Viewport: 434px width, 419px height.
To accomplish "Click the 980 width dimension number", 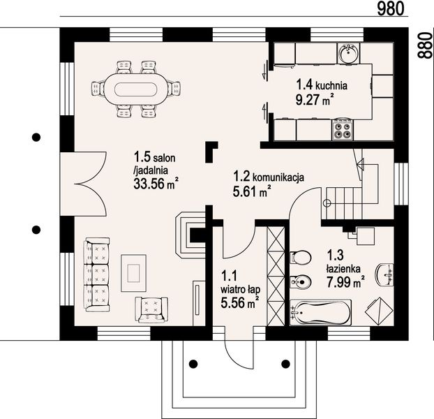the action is point(391,8).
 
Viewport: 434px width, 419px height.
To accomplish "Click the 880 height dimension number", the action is point(425,45).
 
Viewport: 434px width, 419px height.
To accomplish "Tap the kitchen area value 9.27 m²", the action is point(314,99).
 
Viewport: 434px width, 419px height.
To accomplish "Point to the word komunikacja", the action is point(278,177).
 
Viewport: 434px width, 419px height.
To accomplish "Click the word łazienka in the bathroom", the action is point(343,269).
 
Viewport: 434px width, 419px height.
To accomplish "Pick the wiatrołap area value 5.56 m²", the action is point(240,302).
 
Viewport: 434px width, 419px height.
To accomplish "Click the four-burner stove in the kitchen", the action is point(342,130).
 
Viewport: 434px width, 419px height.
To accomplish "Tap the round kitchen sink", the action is point(348,53).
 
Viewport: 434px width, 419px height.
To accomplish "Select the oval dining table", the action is point(136,89).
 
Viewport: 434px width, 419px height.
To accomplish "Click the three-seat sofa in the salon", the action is point(97,274).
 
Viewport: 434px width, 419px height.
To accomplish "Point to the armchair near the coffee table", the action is point(151,310).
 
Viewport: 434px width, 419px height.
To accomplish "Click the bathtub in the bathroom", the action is point(320,312).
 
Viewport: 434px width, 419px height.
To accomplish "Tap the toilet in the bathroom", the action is point(301,257).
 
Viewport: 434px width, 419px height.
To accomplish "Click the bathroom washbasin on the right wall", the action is point(384,274).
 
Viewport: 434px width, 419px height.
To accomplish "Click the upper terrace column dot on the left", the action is point(36,137).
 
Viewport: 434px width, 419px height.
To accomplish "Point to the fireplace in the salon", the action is point(191,235).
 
